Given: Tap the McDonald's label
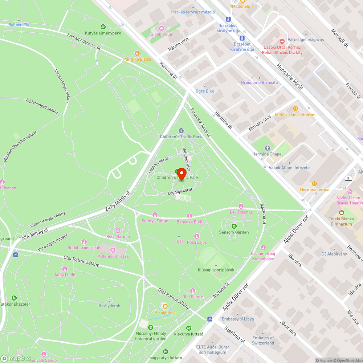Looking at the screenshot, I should coord(243,6).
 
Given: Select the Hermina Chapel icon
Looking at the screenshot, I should coord(268,148).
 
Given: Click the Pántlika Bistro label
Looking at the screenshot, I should coord(137,59).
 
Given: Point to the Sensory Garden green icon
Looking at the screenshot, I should coord(234,226).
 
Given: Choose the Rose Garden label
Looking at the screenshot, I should coord(118,237).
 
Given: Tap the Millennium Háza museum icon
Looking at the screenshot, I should coord(113,250).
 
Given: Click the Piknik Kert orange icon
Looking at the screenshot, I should coord(165,306).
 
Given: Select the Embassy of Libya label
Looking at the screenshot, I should coord(238,319).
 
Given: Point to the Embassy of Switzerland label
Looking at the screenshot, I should coord(263,340).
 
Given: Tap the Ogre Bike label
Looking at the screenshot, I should coord(205,91).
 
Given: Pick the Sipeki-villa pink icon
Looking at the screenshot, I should coord(161,28).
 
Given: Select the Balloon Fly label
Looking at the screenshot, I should coord(19,25).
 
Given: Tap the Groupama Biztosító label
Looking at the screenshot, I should coord(259,83).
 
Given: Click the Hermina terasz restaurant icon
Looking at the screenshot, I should coord(314,184).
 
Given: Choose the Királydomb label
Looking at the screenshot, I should coord(109,306).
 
